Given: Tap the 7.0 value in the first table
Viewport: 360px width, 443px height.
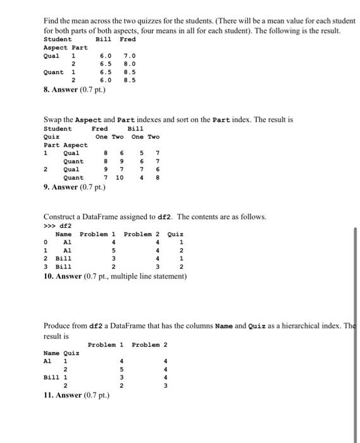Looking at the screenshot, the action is tap(129, 56).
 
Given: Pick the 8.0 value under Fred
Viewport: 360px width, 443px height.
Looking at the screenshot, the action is tap(129, 64).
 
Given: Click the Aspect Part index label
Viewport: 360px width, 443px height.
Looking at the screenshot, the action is tap(65, 47).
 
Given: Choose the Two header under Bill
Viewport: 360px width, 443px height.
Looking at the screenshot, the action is tap(153, 137).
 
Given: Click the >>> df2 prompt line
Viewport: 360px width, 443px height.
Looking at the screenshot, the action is tap(56, 225).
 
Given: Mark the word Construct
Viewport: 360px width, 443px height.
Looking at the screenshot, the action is tap(62, 217).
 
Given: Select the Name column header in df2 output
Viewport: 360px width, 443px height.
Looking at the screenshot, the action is tap(63, 234).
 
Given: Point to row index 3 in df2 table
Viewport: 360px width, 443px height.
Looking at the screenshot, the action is tap(46, 267).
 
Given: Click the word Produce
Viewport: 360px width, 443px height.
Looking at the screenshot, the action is tap(58, 325).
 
